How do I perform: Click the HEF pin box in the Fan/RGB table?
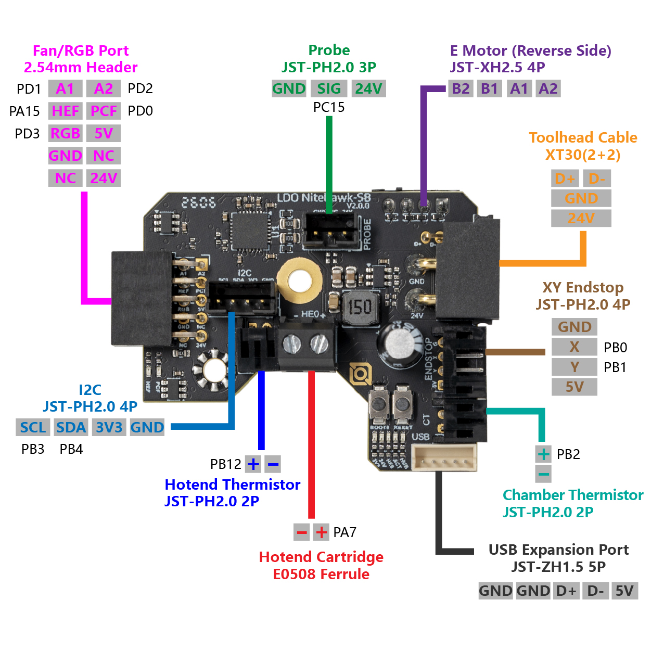pyautogui.click(x=65, y=111)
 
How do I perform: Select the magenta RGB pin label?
pyautogui.click(x=65, y=133)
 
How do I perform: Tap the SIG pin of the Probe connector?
pyautogui.click(x=329, y=88)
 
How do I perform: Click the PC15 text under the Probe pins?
pyautogui.click(x=329, y=107)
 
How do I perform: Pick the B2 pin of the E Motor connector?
pyautogui.click(x=461, y=88)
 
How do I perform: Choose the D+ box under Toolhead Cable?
pyautogui.click(x=565, y=178)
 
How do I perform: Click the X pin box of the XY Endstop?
pyautogui.click(x=574, y=347)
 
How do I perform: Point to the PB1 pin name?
pyautogui.click(x=615, y=367)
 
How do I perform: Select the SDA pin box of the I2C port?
pyautogui.click(x=71, y=427)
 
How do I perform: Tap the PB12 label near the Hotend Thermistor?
pyautogui.click(x=225, y=464)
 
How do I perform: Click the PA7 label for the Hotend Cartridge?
pyautogui.click(x=344, y=532)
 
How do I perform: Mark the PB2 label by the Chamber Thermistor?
pyautogui.click(x=568, y=454)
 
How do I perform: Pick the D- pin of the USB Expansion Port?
pyautogui.click(x=595, y=591)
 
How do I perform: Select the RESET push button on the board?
pyautogui.click(x=402, y=404)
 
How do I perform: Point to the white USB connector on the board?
pyautogui.click(x=444, y=458)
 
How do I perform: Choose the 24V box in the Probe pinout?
pyautogui.click(x=368, y=88)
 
